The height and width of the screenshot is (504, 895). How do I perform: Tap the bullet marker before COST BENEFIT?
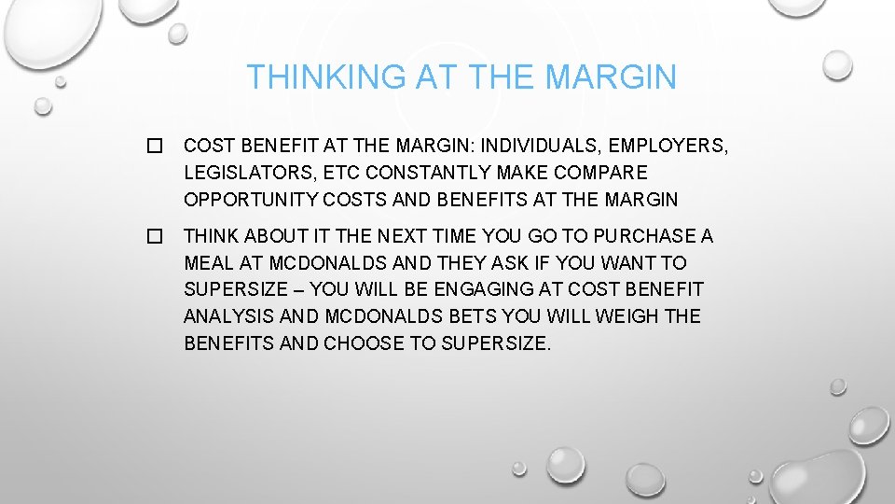(x=155, y=146)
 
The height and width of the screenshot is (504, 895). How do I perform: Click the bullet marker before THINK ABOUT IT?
(x=155, y=237)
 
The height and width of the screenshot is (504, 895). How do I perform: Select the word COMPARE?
(x=598, y=173)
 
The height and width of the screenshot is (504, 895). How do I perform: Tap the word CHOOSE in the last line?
(x=365, y=343)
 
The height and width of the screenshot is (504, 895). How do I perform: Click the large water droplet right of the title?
(x=837, y=63)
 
